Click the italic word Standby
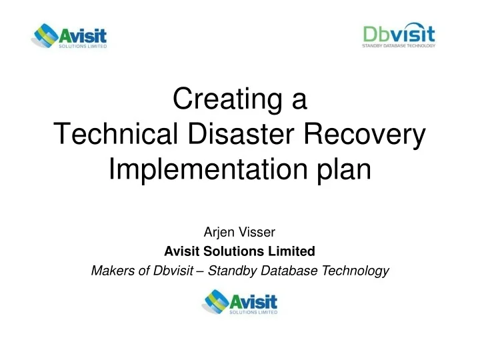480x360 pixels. [x=230, y=270]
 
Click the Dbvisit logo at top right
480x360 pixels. [x=399, y=35]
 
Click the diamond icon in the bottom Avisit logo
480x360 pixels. [x=215, y=301]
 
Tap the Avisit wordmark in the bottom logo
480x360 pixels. [x=253, y=297]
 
